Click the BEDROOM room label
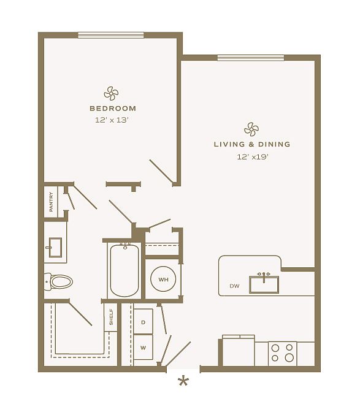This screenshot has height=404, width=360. tap(113, 109)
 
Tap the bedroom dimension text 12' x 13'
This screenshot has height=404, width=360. tap(112, 120)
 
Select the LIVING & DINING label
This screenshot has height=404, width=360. tap(252, 144)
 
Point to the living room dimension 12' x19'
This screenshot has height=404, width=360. tap(253, 157)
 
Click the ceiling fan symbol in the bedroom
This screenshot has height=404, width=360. tap(111, 93)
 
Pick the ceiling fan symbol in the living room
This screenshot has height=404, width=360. tap(251, 129)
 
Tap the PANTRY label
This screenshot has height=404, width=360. tap(51, 202)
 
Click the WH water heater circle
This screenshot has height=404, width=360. tap(163, 280)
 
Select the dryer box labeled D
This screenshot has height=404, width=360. tap(144, 322)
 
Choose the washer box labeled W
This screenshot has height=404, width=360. tap(144, 347)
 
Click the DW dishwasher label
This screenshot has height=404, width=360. tap(234, 286)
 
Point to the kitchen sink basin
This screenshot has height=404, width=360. tap(264, 284)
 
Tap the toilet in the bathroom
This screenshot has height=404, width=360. tap(58, 281)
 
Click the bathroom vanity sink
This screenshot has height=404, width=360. tap(55, 247)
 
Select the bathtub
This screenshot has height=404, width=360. tap(124, 270)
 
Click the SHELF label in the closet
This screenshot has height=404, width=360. tap(111, 317)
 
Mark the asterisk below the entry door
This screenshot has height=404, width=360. tap(183, 381)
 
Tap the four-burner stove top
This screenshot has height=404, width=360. tap(283, 354)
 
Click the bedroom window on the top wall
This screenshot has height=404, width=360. tap(111, 36)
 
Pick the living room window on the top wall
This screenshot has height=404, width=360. tap(251, 58)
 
